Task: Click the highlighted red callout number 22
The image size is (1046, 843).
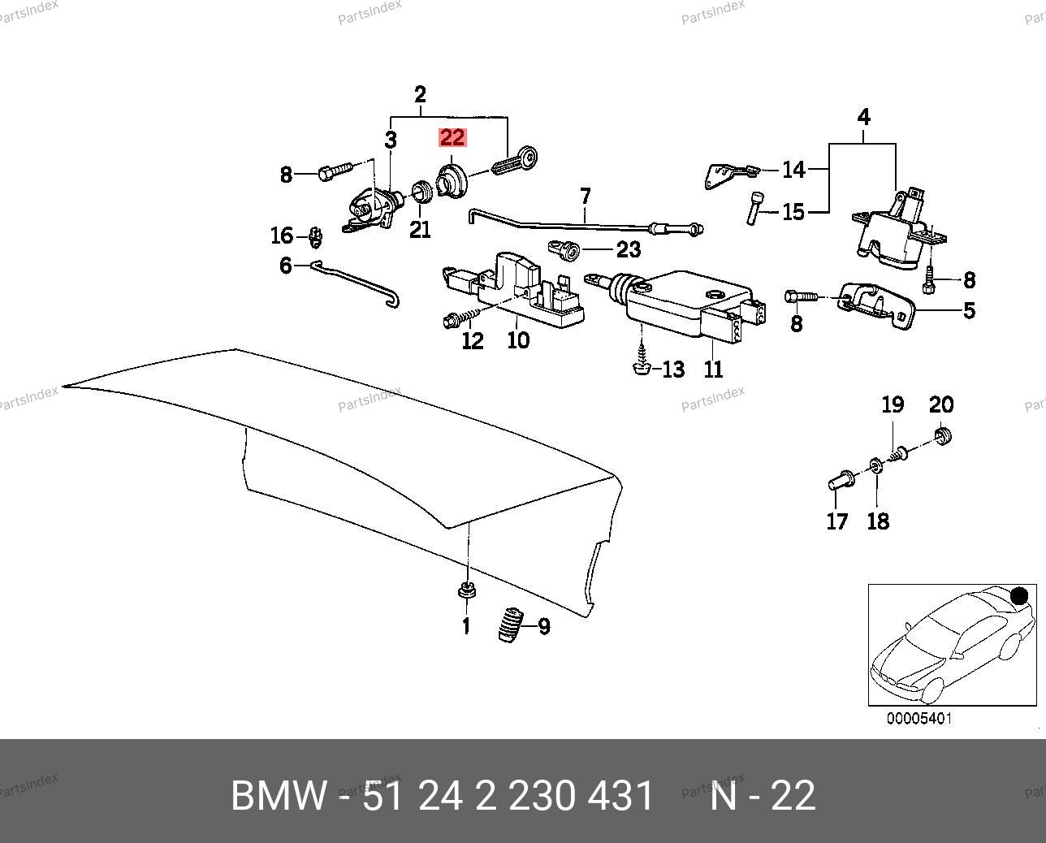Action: point(452,137)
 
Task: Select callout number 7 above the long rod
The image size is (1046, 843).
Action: point(585,197)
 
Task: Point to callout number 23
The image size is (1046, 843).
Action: point(629,249)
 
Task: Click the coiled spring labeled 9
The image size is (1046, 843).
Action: point(509,625)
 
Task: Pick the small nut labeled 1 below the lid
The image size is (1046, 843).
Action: point(466,590)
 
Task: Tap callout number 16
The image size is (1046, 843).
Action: point(281,236)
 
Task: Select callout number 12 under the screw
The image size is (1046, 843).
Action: point(472,340)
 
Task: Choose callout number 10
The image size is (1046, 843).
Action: point(518,339)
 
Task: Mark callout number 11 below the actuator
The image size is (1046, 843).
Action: point(713,370)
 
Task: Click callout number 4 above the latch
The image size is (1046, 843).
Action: point(863,118)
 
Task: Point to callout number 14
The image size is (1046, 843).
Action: point(793,170)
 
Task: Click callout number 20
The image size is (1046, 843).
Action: point(941,404)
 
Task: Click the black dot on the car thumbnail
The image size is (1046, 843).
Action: point(1020,597)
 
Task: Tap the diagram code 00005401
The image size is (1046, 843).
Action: point(918,719)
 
